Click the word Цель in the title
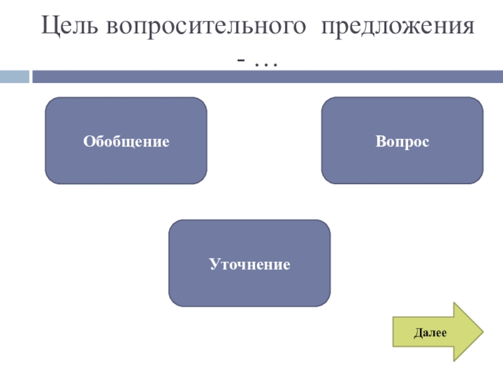71,28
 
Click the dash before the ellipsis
241,61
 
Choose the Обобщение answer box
126,141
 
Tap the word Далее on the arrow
430,332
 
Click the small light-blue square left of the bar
14,77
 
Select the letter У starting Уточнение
213,265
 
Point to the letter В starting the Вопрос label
380,142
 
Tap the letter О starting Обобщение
87,142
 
